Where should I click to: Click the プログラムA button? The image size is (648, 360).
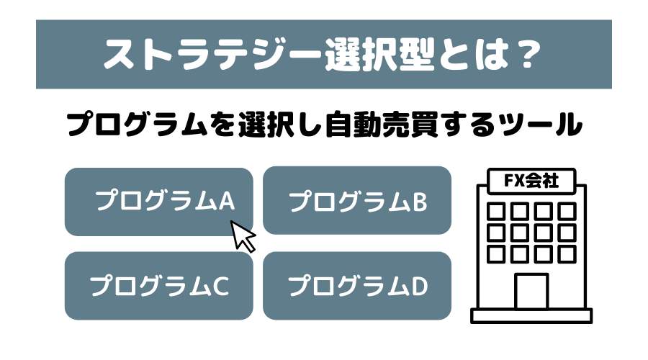[158, 202]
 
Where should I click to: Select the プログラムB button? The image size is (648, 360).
[357, 202]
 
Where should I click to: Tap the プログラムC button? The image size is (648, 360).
[158, 286]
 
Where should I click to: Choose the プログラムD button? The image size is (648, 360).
[357, 286]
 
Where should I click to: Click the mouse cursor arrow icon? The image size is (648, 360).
[243, 235]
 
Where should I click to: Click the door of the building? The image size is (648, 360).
[531, 292]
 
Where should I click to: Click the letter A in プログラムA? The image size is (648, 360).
[227, 202]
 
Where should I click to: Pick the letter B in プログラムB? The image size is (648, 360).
[419, 202]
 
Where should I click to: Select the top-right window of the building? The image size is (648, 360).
[567, 211]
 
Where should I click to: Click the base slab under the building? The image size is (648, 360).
[531, 316]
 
